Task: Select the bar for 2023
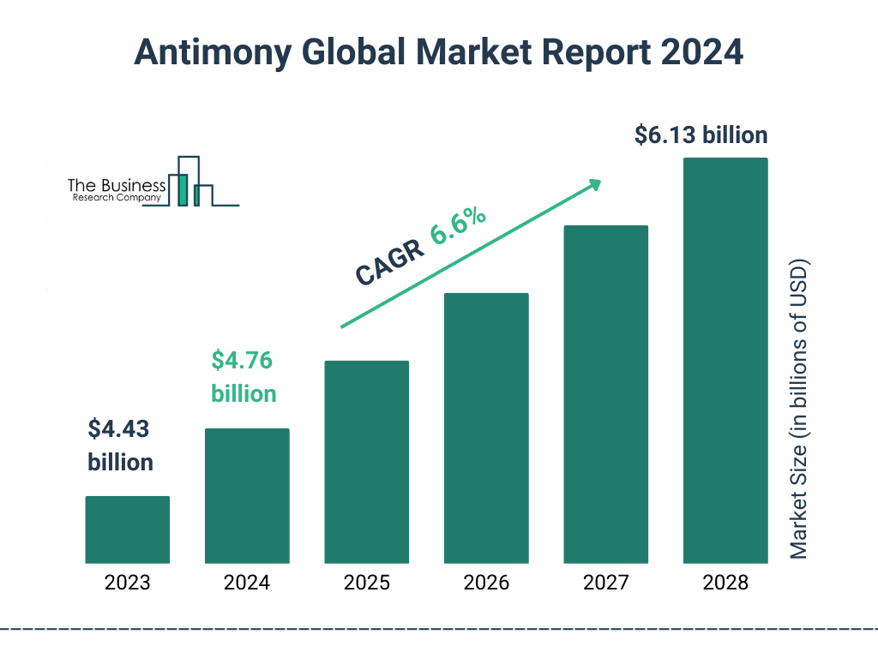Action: pos(127,529)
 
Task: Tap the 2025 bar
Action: pos(366,462)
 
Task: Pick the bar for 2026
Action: pos(486,428)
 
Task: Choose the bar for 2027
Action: pos(605,394)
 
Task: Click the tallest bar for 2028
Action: pos(725,361)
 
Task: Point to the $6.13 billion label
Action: pos(701,135)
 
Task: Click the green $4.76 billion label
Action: pos(244,377)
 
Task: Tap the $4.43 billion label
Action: pos(121,446)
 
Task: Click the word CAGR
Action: pos(390,261)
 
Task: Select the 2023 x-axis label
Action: pos(127,583)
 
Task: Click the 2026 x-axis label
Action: pos(486,583)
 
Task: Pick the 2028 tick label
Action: pos(725,583)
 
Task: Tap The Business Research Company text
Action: pos(116,190)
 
